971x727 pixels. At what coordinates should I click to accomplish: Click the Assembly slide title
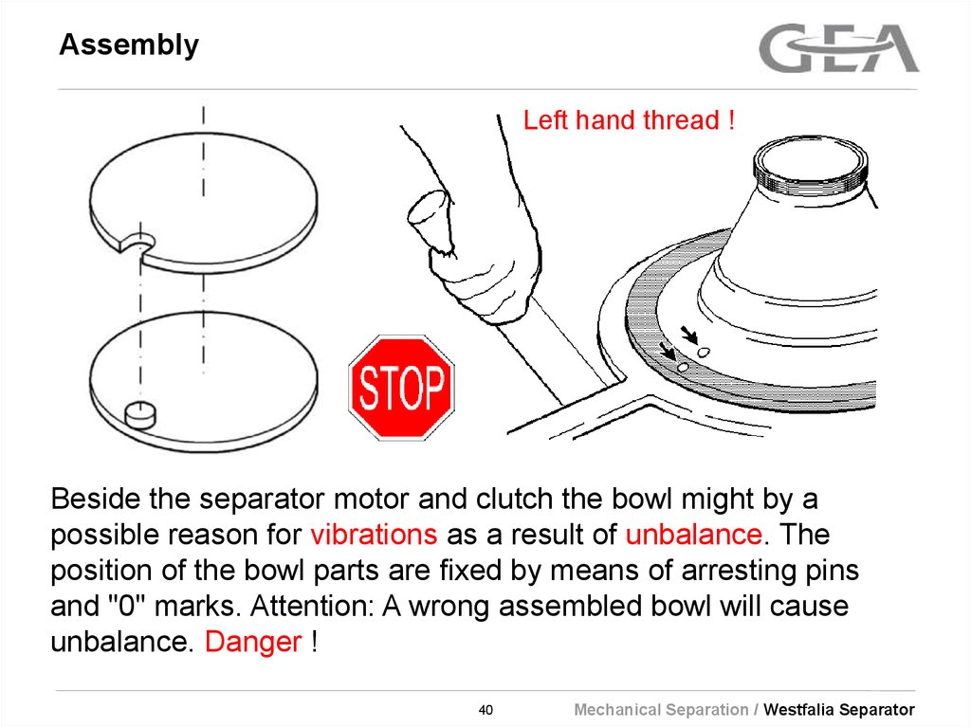[x=129, y=45]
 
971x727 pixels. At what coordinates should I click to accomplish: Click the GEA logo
[x=839, y=48]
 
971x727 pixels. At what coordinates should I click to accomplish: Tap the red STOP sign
[x=402, y=387]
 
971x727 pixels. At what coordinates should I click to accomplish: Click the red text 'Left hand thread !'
[x=629, y=121]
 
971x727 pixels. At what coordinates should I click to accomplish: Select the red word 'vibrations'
[x=374, y=535]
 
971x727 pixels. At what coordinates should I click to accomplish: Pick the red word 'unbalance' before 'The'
[x=694, y=535]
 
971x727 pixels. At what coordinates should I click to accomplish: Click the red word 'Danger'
[x=253, y=642]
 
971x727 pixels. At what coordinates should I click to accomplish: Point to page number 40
[x=485, y=710]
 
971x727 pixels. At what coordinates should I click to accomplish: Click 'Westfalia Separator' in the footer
[x=839, y=710]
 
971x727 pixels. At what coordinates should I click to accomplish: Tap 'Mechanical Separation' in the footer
[x=661, y=710]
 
